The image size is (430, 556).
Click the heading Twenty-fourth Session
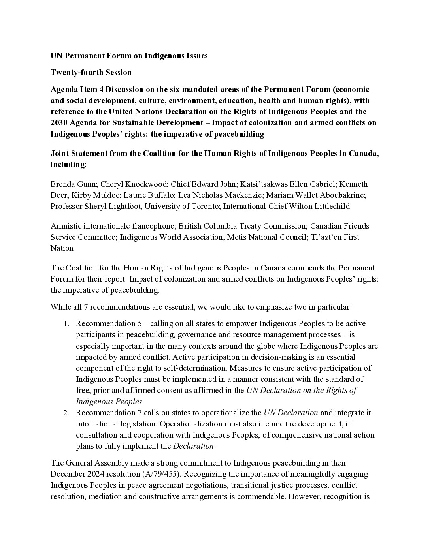91,72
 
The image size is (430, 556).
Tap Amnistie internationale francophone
113,226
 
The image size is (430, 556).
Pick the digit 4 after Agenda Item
101,89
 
